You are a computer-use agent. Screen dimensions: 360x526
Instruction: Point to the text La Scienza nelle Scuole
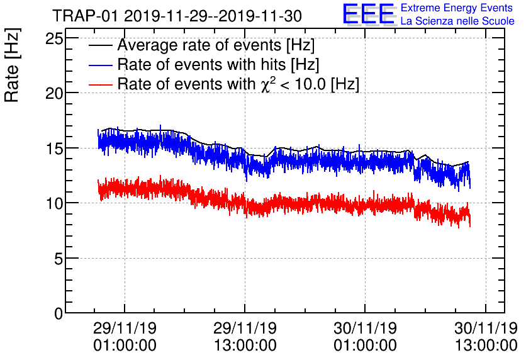pyautogui.click(x=457, y=21)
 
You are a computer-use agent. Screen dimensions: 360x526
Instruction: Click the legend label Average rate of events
pyautogui.click(x=216, y=46)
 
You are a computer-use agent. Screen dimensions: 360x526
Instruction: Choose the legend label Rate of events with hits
pyautogui.click(x=218, y=65)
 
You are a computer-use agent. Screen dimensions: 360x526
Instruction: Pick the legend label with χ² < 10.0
pyautogui.click(x=238, y=84)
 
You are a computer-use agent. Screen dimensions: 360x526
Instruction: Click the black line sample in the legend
pyautogui.click(x=101, y=47)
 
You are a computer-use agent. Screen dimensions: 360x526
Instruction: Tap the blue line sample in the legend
pyautogui.click(x=101, y=65)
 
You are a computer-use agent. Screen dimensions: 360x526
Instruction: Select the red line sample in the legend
pyautogui.click(x=101, y=84)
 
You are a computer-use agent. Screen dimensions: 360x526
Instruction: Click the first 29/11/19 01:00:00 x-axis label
pyautogui.click(x=125, y=337)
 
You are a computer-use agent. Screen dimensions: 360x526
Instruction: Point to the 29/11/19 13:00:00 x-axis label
pyautogui.click(x=245, y=337)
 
